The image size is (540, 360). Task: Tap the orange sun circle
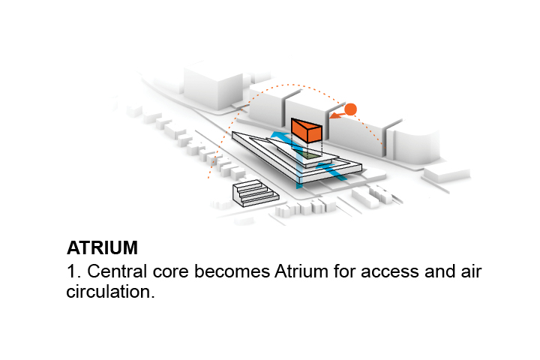[349, 109]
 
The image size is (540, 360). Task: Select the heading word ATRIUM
[102, 248]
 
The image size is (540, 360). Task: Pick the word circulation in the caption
[110, 292]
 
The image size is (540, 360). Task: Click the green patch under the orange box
[308, 153]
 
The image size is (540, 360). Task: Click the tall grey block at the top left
[210, 85]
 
